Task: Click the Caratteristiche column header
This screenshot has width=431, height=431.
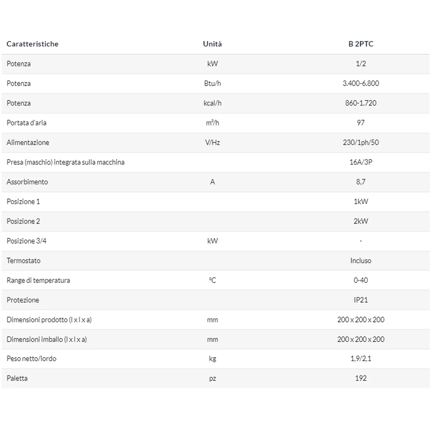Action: (32, 44)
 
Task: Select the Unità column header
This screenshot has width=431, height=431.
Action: (212, 44)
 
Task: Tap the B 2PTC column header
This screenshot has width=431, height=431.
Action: (361, 44)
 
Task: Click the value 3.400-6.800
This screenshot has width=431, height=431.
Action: (361, 83)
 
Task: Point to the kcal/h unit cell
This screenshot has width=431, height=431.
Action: (212, 103)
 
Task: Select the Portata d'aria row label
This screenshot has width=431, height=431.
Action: (26, 123)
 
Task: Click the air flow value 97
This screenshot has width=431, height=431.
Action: (361, 123)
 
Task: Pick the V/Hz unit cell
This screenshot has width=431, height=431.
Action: (212, 142)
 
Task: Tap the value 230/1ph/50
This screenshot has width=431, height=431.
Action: (361, 142)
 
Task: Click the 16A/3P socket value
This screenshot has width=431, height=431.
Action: (361, 162)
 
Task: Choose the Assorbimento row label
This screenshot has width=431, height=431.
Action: (27, 182)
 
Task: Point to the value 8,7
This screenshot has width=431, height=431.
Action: (361, 182)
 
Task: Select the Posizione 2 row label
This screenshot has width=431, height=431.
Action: (23, 221)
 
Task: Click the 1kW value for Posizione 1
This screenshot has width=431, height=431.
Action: (361, 201)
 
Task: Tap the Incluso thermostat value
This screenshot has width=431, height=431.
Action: (361, 260)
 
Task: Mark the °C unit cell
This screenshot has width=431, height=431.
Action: (212, 280)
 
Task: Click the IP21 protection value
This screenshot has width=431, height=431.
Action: (361, 300)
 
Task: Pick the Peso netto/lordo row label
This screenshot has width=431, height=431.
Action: (32, 359)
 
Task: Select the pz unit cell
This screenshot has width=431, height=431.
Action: (212, 378)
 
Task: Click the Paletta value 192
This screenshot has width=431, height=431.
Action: (361, 378)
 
